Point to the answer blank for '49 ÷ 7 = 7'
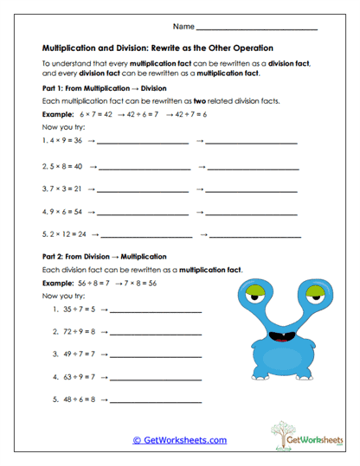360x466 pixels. coord(156,355)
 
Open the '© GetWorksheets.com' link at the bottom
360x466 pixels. coord(180,440)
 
